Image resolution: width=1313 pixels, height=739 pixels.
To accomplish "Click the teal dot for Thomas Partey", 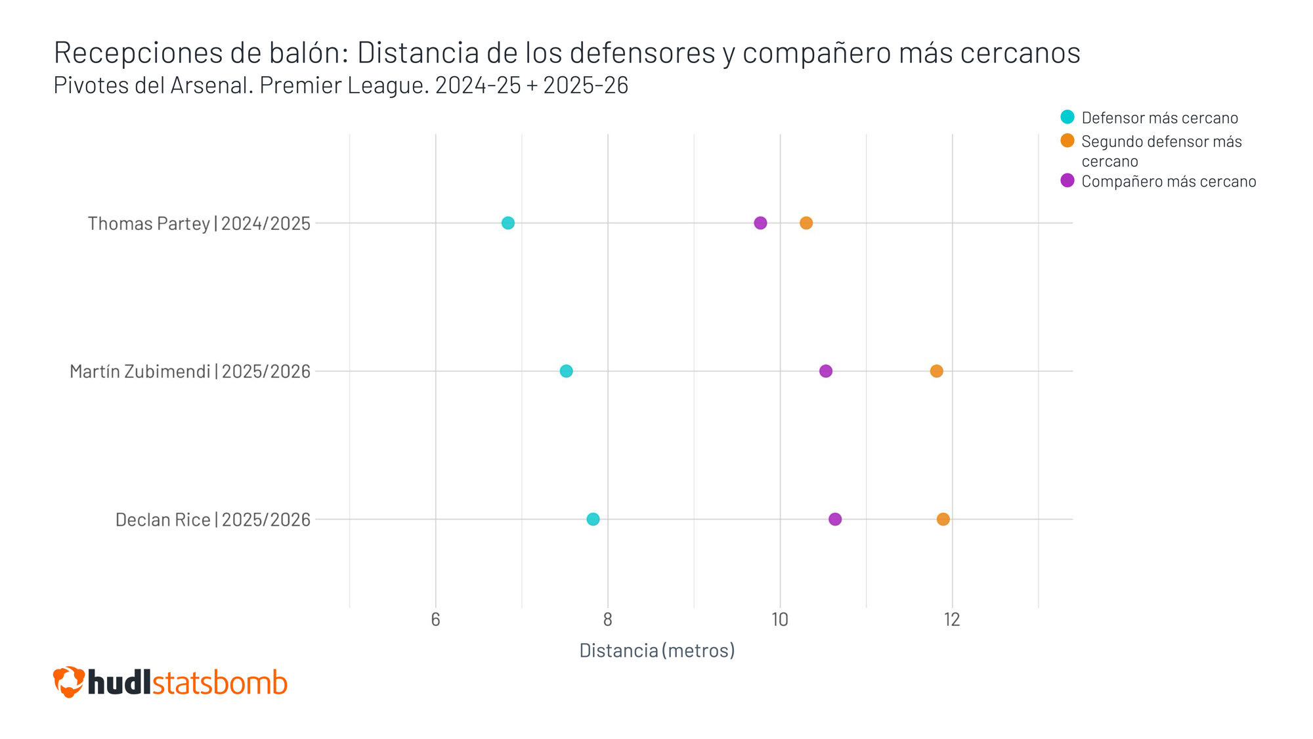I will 507,223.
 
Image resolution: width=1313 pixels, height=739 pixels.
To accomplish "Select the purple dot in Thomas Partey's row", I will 760,223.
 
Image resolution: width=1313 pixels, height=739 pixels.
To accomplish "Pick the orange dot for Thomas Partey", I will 806,223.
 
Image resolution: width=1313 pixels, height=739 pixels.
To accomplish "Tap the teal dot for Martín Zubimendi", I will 566,371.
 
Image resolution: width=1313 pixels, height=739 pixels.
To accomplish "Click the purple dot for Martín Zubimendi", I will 826,371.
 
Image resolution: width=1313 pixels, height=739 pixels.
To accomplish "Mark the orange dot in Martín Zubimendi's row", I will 936,371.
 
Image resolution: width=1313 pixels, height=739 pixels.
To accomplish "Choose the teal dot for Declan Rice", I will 593,519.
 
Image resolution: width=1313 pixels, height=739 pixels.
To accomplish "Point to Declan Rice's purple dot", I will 835,519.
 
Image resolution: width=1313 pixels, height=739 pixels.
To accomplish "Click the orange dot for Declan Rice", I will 943,519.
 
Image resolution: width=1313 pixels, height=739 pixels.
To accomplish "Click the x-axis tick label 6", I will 435,619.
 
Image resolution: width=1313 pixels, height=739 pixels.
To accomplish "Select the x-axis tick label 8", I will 608,619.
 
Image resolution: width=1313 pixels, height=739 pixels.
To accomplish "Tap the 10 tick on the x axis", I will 780,619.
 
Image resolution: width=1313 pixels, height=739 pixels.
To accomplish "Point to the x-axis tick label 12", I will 952,619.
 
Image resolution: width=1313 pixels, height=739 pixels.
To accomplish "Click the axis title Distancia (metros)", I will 656,650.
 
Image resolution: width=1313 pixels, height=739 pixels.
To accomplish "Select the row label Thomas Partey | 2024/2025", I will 199,223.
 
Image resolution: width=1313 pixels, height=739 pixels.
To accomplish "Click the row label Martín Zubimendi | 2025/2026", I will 190,371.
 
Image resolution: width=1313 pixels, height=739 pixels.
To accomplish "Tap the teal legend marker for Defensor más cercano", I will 1067,117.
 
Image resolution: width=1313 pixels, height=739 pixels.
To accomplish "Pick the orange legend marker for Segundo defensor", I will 1067,141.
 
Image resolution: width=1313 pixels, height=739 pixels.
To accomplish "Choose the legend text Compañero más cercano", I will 1169,181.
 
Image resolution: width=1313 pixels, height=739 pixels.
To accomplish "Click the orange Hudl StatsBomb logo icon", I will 69,682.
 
